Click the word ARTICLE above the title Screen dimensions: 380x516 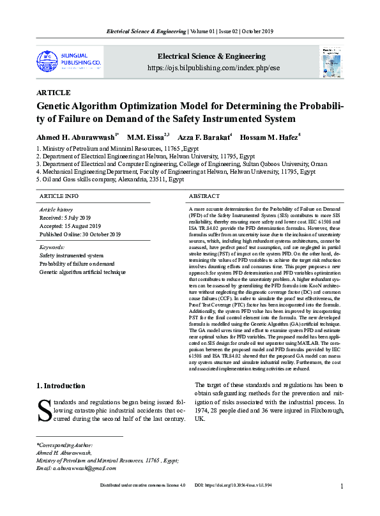click(x=54, y=93)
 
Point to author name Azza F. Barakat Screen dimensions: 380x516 click(x=203, y=137)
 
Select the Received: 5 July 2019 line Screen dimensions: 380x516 click(x=66, y=218)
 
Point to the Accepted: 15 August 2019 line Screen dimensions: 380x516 click(x=70, y=226)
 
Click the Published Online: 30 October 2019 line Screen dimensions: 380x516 click(x=80, y=234)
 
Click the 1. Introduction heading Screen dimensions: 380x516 click(x=61, y=386)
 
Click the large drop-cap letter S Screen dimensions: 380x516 click(x=44, y=409)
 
